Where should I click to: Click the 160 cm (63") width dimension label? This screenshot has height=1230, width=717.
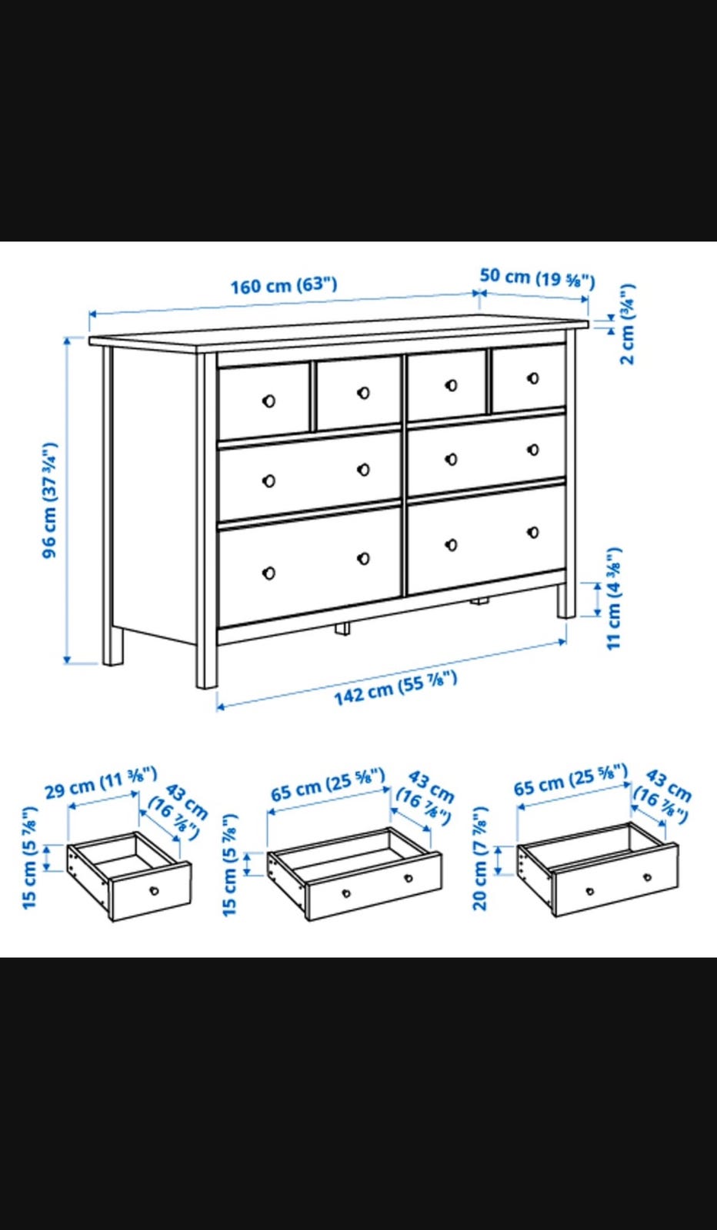pos(284,286)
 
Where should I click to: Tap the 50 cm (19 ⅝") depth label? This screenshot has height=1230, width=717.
pos(537,278)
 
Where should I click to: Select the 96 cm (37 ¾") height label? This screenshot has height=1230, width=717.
pos(49,500)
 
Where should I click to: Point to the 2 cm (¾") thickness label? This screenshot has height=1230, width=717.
pos(627,324)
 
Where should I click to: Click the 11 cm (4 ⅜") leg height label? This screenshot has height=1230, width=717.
pos(614,599)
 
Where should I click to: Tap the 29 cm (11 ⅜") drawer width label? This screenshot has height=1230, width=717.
pos(101,783)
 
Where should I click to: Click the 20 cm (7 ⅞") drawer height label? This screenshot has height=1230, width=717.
pos(480,858)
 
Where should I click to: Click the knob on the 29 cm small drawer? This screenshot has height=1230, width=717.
pos(154,890)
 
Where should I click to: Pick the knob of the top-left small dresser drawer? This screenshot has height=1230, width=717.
pos(268,401)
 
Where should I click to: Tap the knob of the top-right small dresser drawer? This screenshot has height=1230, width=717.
pos(533,377)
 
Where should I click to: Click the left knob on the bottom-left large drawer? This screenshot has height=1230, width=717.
pos(268,573)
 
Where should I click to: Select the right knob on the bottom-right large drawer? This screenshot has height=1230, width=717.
pos(533,532)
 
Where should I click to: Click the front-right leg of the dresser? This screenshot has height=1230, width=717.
pos(568,600)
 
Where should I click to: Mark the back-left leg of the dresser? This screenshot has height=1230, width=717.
pos(112,646)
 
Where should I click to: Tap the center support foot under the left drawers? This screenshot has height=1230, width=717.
pos(342,628)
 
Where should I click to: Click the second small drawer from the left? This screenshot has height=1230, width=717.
pos(358,393)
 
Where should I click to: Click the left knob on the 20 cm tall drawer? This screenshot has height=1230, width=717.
pos(590,891)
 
